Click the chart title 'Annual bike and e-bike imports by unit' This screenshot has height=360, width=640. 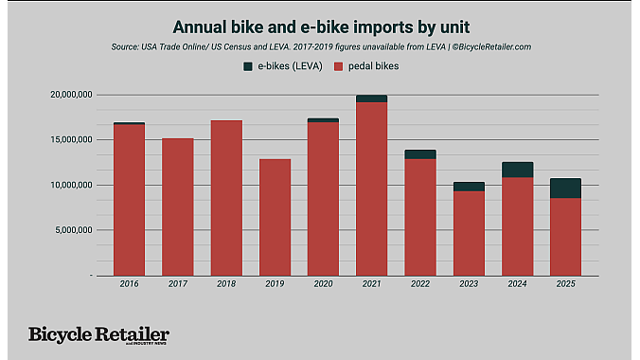point(319,25)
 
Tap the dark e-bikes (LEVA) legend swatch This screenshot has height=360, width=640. point(249,65)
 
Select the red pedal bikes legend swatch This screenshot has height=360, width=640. point(342,65)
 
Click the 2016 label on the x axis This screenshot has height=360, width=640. point(129,283)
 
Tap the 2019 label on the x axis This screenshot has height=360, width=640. point(275,283)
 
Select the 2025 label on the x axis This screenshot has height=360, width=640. point(565,283)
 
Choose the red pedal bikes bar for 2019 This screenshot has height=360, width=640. point(275,217)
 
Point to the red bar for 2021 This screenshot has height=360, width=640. point(371,189)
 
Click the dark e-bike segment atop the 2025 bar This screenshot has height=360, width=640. point(565,188)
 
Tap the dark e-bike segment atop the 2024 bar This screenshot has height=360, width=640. point(517,170)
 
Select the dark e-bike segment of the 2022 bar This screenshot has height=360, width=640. point(420,153)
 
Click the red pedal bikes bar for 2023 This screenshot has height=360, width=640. point(469,233)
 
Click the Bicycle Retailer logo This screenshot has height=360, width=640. point(98,335)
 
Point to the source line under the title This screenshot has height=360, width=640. point(319,45)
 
